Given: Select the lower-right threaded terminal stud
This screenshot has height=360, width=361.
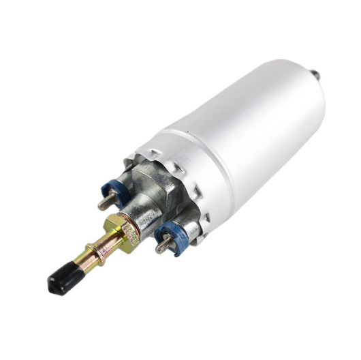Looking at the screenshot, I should coord(163,245).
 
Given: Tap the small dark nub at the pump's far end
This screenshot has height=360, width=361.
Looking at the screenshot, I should coord(315,73).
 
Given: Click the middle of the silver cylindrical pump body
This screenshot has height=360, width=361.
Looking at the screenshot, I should coord(252,130).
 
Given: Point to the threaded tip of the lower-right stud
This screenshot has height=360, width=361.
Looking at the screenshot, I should coord(159,249).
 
